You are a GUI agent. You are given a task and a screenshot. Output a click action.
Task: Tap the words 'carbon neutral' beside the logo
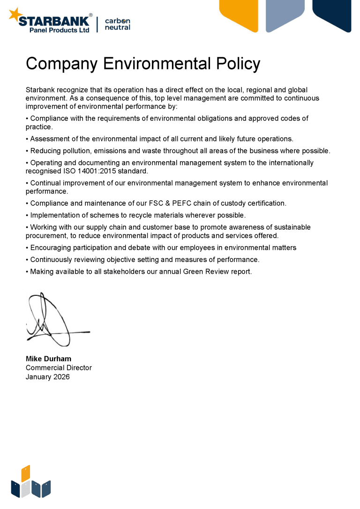click(x=117, y=24)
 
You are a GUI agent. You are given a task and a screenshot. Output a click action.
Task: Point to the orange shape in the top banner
click(x=240, y=14)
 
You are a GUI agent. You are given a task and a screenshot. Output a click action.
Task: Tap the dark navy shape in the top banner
click(x=332, y=13)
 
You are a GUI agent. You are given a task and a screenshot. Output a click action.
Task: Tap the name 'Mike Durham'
click(x=48, y=359)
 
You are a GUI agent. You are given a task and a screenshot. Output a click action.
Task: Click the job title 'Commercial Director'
click(x=59, y=368)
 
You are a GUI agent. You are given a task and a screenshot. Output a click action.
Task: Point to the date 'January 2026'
click(x=47, y=377)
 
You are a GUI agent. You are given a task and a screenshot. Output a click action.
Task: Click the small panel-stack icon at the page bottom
click(x=30, y=483)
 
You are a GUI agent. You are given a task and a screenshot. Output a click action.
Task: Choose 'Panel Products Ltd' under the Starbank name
click(x=59, y=30)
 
